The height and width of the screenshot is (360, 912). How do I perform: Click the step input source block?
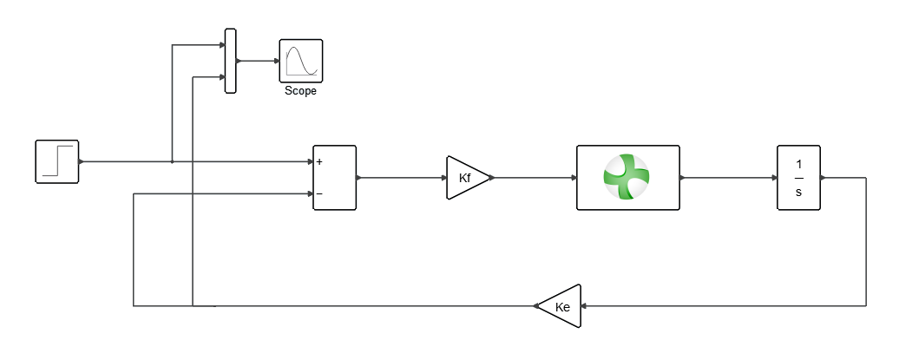pos(57,161)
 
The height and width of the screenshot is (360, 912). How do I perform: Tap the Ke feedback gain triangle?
pos(561,305)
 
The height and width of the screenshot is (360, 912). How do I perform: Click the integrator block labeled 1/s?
pos(798,178)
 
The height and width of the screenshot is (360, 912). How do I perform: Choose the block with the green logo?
pos(627,178)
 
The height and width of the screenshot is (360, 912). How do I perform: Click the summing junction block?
pos(334,178)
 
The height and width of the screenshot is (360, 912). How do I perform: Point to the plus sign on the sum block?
pos(319,162)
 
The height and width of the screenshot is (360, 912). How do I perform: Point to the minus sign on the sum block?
pos(319,194)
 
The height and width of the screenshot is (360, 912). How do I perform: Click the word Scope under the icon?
pos(300,91)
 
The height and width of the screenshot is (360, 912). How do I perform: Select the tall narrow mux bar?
pos(230,61)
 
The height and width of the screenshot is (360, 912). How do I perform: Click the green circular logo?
pos(627,176)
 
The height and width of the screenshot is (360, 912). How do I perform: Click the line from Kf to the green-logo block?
pos(533,178)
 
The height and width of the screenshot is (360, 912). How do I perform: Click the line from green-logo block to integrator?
pos(729,178)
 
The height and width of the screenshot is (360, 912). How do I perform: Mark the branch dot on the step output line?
pos(173,161)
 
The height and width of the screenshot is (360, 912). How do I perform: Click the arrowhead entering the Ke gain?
pos(585,305)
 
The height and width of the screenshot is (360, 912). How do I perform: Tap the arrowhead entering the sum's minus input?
pos(310,194)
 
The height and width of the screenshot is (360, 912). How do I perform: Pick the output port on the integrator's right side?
pos(822,178)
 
